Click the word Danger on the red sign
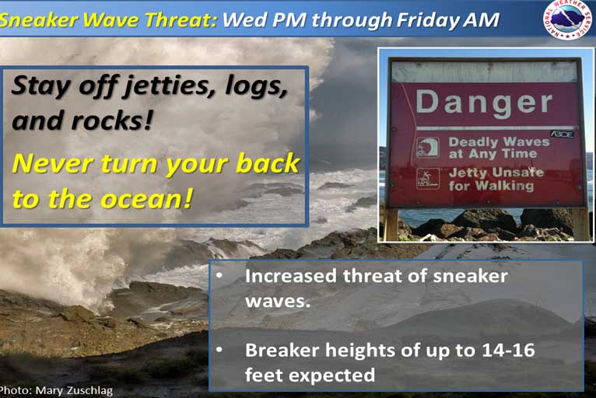[484, 103]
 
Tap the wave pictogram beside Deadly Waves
[428, 148]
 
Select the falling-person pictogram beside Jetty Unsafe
[428, 179]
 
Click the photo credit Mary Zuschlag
[75, 391]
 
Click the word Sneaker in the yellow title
[39, 19]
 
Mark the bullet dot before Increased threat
[219, 275]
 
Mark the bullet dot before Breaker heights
[219, 350]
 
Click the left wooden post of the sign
[391, 225]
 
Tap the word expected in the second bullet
[331, 375]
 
